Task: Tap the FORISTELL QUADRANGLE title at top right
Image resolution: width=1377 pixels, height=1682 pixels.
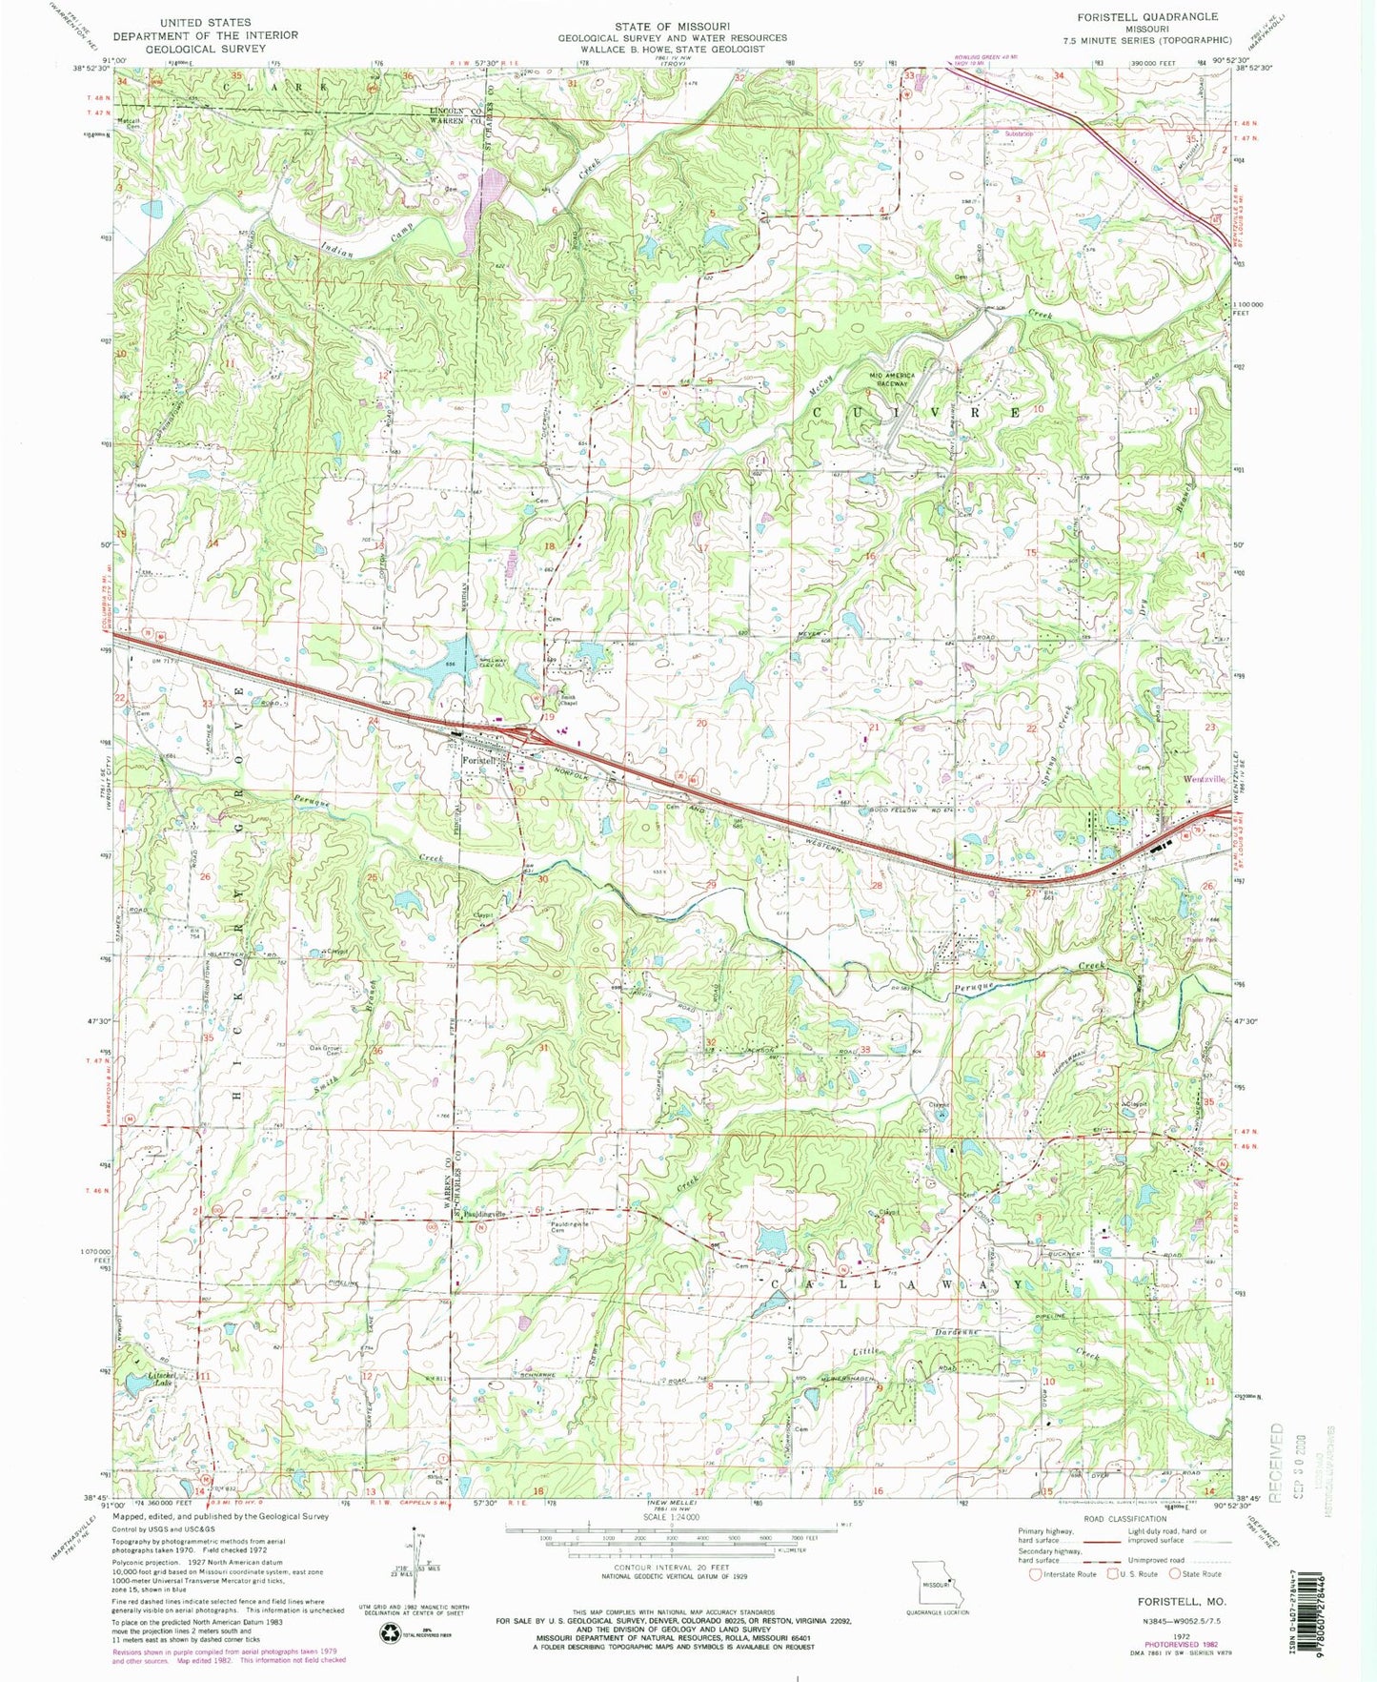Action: click(x=1153, y=17)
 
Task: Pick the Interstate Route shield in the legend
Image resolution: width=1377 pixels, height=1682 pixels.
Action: click(x=1034, y=1574)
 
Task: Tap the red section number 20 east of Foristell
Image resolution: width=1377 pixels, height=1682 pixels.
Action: click(x=701, y=724)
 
